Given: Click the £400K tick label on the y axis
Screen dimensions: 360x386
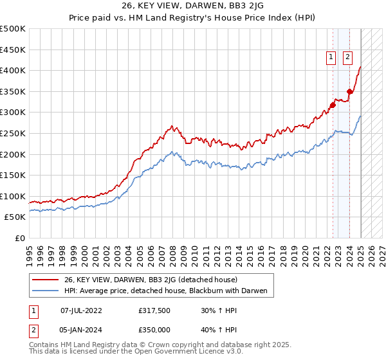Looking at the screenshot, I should click(13, 70).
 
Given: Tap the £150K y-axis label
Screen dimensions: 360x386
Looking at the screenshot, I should click(13, 175).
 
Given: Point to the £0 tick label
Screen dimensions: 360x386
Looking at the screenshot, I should click(20, 238).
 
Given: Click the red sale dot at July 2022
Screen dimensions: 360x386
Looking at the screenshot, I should click(333, 105).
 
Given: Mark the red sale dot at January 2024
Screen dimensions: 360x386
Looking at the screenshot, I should click(349, 91).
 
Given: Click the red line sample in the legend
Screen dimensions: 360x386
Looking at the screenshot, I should click(46, 280).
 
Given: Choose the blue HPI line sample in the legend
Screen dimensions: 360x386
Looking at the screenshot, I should click(46, 291).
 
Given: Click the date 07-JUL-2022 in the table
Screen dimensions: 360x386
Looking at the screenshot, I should click(81, 310).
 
